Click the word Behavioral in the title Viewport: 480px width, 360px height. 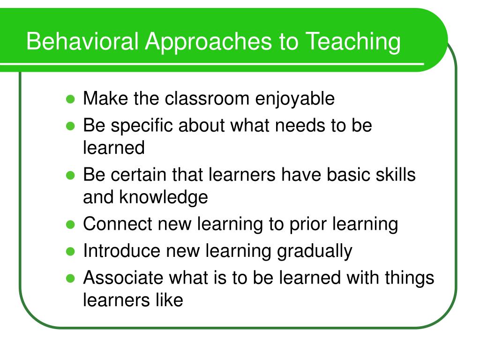tap(82, 41)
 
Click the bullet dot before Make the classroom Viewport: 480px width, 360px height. tap(70, 99)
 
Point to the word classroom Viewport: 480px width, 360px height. tap(207, 98)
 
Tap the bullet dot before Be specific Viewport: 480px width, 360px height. tap(70, 126)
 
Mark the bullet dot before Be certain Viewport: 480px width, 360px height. tap(70, 175)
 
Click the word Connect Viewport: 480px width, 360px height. tap(117, 224)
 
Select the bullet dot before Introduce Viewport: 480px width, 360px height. tap(70, 252)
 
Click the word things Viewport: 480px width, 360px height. tap(409, 279)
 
